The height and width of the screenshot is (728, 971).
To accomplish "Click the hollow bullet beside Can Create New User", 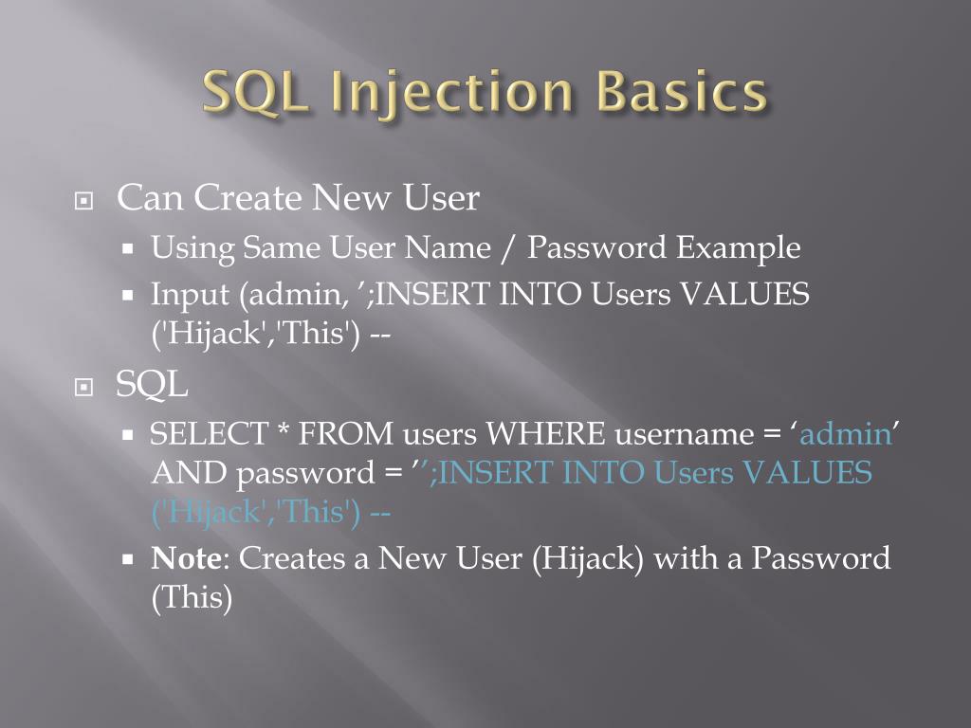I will pos(84,202).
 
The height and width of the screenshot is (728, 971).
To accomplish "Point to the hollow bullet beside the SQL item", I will pos(84,387).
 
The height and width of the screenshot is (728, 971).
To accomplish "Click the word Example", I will pos(739,248).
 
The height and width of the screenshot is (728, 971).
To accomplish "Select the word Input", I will pos(191,295).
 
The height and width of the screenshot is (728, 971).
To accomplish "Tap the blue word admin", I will pos(846,434).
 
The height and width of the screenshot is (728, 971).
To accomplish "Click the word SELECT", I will pos(209,434).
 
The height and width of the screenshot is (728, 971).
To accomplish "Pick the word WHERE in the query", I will pos(545,434).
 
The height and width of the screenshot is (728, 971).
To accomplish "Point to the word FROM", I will pos(345,434).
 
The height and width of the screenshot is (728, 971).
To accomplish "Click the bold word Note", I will pos(185,558).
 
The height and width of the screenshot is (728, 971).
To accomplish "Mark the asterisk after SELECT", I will pos(284,432).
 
